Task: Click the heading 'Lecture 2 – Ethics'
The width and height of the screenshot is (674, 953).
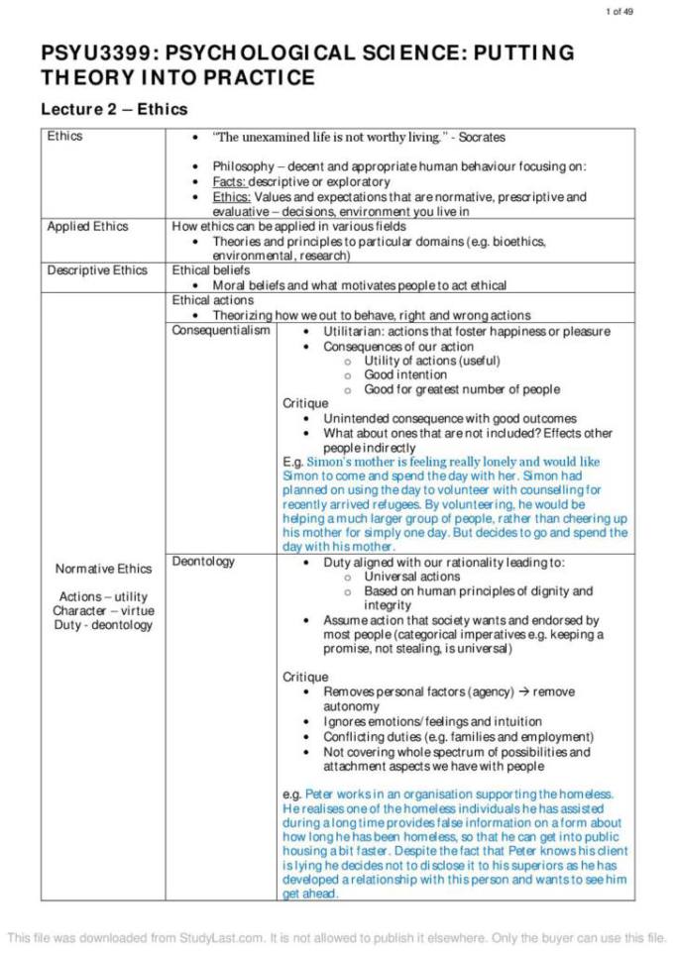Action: (114, 109)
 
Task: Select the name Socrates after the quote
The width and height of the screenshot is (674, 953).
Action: (482, 137)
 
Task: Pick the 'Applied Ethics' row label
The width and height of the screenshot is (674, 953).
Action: (87, 227)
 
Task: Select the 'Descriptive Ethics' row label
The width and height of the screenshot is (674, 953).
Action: (97, 270)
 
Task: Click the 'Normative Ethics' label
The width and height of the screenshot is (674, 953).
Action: (104, 569)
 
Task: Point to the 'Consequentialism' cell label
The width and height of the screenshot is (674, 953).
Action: (221, 331)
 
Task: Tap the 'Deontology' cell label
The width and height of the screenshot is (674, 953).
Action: (204, 562)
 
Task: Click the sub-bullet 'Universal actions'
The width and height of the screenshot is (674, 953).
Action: (412, 577)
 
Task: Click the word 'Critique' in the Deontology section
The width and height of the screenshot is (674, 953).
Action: (305, 678)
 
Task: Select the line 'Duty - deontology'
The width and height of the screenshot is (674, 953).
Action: (104, 625)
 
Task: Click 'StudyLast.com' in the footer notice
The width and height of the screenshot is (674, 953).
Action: (227, 937)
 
